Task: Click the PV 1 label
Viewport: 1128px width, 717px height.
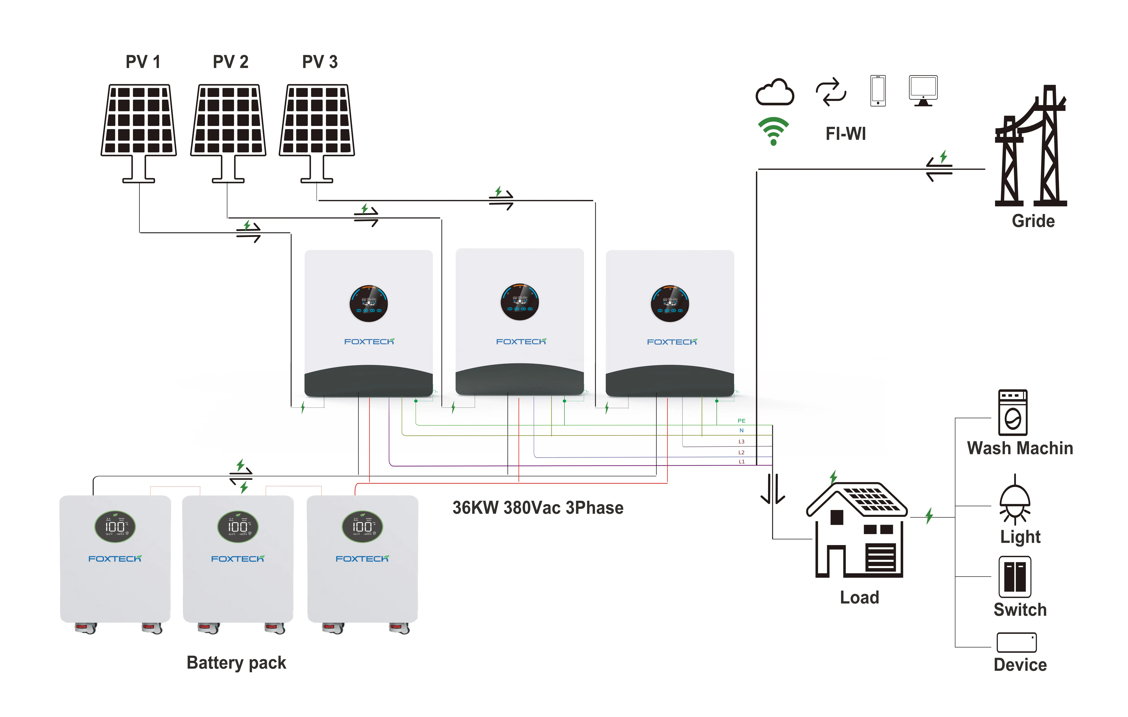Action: click(x=143, y=62)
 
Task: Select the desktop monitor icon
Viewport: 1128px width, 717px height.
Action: click(x=923, y=90)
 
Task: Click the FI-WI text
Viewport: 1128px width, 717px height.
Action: click(x=846, y=134)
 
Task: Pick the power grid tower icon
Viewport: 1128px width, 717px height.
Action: click(x=1031, y=148)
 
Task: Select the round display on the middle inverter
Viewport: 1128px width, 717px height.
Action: click(x=519, y=302)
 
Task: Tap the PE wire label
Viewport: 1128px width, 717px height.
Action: click(x=741, y=421)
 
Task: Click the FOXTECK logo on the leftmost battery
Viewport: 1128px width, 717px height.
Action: click(x=115, y=559)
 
